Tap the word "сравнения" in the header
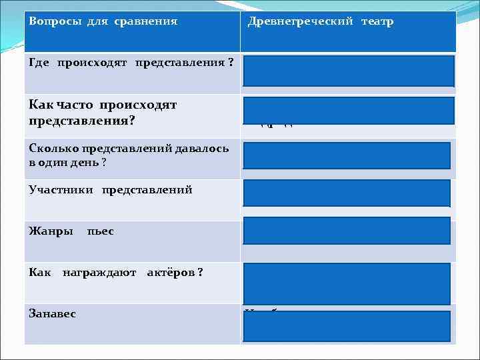click(145, 21)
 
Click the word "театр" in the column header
click(377, 21)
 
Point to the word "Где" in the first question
click(39, 63)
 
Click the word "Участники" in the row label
click(61, 190)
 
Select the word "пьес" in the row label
click(101, 231)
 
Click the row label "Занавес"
click(53, 313)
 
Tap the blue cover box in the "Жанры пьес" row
click(347, 231)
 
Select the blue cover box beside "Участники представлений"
click(347, 193)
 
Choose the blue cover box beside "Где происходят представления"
click(349, 71)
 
